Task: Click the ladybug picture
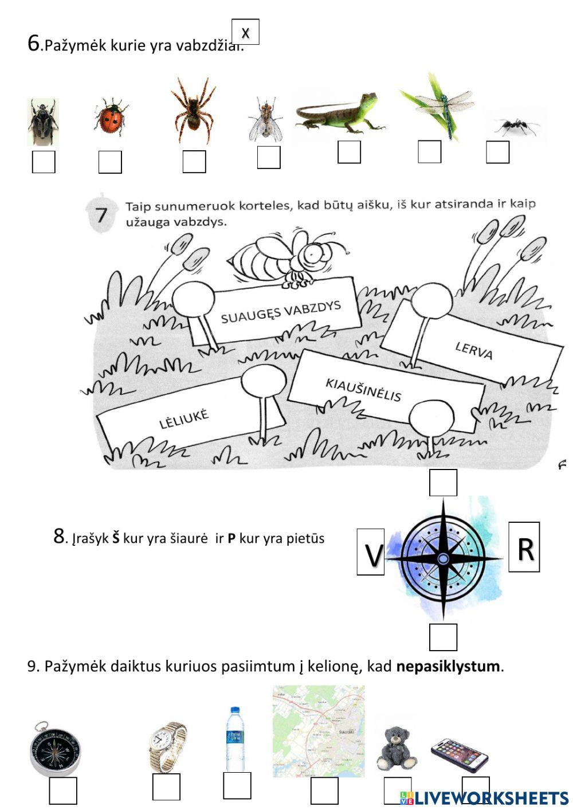click(x=111, y=117)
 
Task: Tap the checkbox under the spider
click(x=194, y=162)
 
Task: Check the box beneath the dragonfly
click(x=429, y=152)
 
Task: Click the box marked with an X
click(x=245, y=32)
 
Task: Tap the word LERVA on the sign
click(x=474, y=350)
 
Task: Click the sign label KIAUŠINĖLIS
click(x=363, y=390)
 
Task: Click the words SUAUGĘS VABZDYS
click(x=281, y=311)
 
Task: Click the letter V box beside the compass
click(x=371, y=552)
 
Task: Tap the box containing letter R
click(x=524, y=547)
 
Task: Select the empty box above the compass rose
click(x=444, y=483)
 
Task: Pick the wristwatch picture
click(x=167, y=746)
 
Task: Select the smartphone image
click(x=460, y=754)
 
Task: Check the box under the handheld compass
click(x=63, y=791)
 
